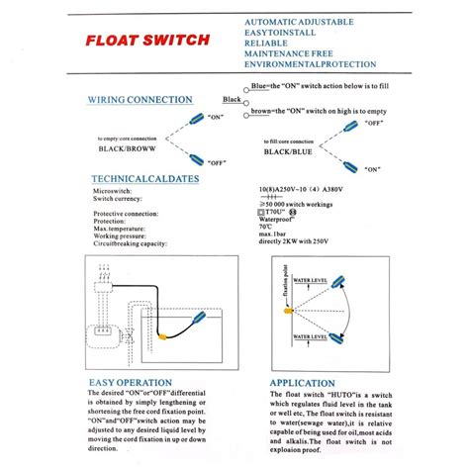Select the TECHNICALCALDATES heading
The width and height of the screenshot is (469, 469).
click(144, 178)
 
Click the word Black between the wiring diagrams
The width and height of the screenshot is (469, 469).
click(233, 100)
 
